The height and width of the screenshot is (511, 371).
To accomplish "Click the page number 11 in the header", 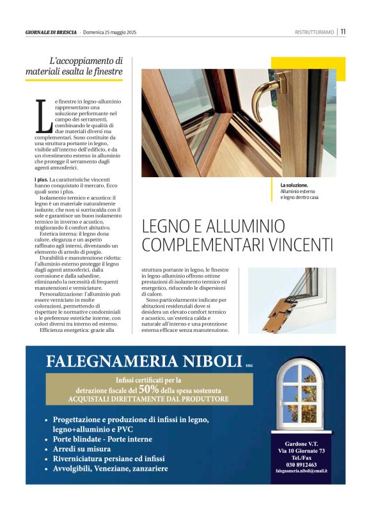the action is coord(343,31).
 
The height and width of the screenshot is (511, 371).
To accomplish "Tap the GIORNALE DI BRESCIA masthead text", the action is coord(51,32).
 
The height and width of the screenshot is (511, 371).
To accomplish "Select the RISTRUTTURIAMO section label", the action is coord(314,32).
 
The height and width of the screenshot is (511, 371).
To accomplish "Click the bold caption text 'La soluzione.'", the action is coord(294,185).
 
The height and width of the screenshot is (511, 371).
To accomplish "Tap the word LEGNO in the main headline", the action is coord(168,226).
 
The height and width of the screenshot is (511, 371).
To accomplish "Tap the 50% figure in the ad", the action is coord(148,388).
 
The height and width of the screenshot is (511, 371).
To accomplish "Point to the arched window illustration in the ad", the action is coord(299,397).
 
